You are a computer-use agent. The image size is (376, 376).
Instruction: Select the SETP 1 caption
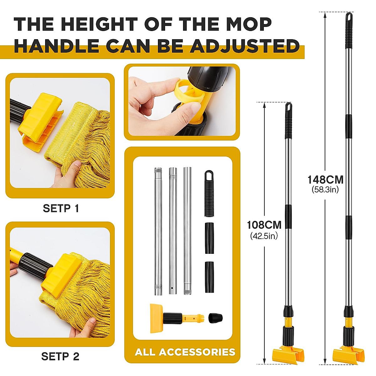pos(61,208)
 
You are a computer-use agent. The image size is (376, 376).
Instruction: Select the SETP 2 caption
pos(60,356)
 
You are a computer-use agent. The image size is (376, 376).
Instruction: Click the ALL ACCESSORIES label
pos(185,352)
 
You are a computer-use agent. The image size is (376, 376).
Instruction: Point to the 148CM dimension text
pos(325,180)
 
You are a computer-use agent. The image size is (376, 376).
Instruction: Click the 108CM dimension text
pos(264,225)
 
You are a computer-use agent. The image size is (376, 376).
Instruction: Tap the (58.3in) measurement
pos(325,190)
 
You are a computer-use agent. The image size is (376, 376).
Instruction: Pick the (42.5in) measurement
pos(264,236)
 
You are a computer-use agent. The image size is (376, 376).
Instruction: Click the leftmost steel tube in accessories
pos(158,231)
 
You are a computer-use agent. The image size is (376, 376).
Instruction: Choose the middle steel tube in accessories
pos(173,231)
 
